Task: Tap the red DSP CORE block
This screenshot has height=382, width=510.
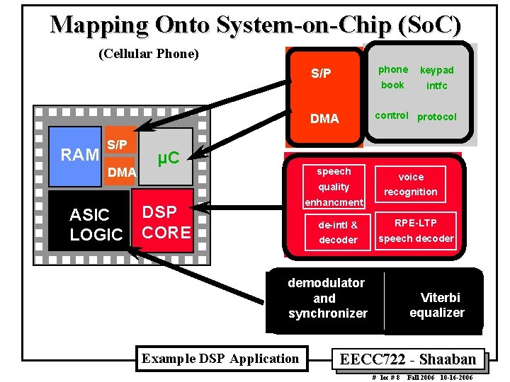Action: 166,222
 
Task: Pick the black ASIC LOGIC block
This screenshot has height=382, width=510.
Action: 90,224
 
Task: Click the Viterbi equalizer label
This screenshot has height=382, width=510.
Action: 436,305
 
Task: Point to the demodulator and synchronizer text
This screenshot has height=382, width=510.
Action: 327,298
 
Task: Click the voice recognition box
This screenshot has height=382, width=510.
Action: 411,184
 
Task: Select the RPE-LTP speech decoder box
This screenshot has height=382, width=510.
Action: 416,231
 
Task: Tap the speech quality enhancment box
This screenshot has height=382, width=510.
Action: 334,187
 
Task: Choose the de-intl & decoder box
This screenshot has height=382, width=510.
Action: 338,232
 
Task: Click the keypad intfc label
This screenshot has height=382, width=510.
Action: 437,78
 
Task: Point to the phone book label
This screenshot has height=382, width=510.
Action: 392,77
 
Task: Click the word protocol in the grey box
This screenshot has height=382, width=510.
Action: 437,117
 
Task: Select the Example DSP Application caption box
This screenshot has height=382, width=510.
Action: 220,359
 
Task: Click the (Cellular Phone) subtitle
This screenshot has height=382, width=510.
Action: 148,54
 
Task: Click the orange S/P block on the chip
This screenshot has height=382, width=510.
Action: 118,145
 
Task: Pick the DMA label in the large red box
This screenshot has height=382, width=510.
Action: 324,119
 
